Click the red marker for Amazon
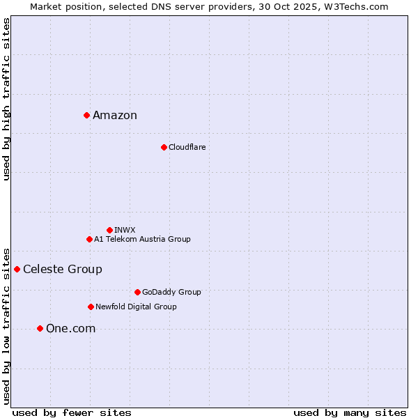point(86,115)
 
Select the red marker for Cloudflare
point(164,147)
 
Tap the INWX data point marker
point(109,230)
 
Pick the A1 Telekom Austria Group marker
point(89,239)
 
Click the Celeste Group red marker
point(17,269)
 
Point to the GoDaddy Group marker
point(137,292)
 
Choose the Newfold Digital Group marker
point(91,307)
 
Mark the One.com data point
point(40,328)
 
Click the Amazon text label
point(115,116)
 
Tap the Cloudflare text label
point(187,147)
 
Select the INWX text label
point(125,230)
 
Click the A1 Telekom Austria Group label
point(142,239)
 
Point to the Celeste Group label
point(63,270)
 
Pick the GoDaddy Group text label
point(171,292)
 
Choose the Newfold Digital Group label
point(136,307)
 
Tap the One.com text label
point(70,329)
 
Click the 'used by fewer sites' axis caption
point(72,412)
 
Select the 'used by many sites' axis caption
point(350,412)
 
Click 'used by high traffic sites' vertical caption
point(6,99)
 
